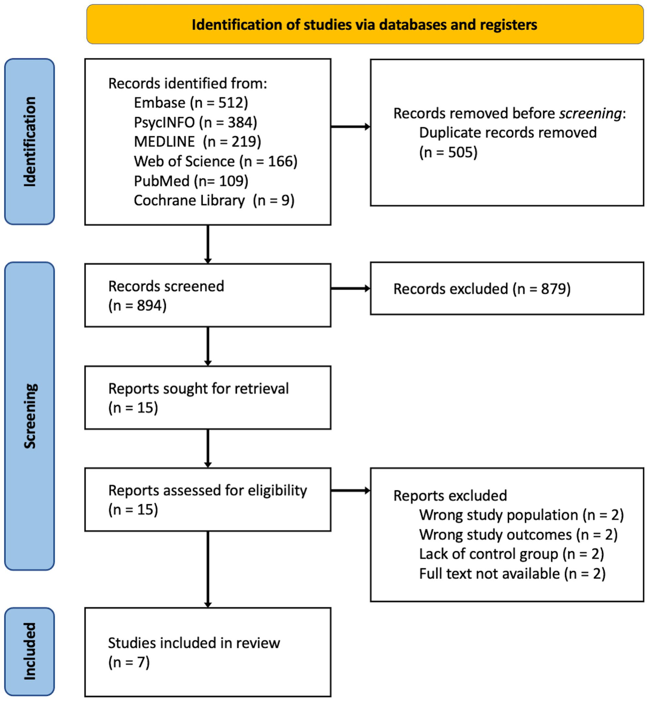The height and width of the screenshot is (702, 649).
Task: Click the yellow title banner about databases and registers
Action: (365, 25)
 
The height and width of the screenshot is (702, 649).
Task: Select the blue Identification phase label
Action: (29, 142)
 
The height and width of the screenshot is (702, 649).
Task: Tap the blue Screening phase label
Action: (29, 416)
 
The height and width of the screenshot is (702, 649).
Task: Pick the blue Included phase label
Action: (29, 651)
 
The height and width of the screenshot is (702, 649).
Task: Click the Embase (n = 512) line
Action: (191, 103)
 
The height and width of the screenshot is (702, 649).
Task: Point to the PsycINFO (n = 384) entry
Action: (195, 123)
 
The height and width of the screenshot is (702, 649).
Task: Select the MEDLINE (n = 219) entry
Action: (197, 142)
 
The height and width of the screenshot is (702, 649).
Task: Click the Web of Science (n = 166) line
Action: (215, 162)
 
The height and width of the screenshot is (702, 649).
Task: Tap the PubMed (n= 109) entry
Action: (191, 181)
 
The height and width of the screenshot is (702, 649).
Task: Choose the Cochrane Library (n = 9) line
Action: (214, 200)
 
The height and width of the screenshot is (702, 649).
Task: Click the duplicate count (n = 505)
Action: (448, 152)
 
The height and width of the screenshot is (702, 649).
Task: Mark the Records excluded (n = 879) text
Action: (481, 289)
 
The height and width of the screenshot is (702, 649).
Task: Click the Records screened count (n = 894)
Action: (137, 306)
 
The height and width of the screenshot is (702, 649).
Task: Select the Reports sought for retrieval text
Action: (198, 389)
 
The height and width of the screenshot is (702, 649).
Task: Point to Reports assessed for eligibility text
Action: (207, 490)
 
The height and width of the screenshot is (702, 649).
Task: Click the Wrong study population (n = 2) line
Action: (521, 515)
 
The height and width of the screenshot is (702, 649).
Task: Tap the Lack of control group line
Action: (511, 554)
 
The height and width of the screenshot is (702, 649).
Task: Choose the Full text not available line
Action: (512, 573)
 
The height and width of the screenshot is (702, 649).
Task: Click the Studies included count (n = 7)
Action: (129, 663)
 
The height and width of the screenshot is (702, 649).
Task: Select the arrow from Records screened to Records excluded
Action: (350, 289)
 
